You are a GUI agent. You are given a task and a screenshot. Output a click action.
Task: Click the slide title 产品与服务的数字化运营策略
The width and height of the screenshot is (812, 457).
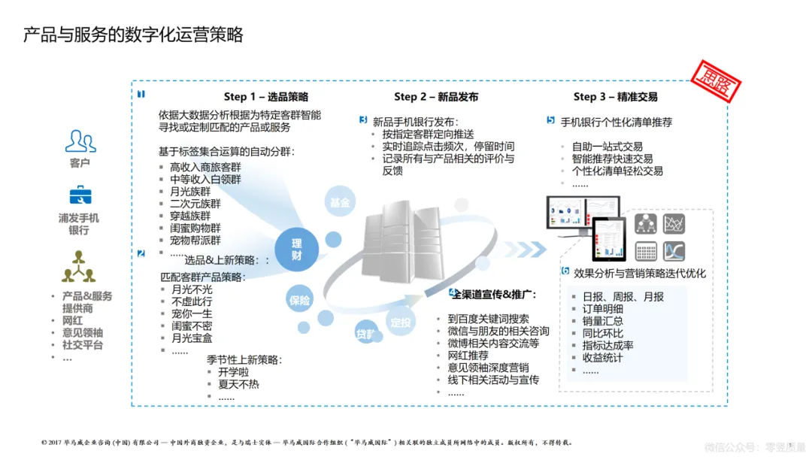[133, 35]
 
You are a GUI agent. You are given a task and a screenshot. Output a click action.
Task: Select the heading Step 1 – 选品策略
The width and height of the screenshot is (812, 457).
[265, 97]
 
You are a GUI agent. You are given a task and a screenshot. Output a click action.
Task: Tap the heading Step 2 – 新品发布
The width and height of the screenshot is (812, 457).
[436, 97]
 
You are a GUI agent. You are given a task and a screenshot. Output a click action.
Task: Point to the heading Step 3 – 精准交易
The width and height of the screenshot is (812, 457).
[616, 97]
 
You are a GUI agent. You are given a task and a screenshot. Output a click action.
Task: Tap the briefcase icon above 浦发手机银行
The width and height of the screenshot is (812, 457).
[80, 195]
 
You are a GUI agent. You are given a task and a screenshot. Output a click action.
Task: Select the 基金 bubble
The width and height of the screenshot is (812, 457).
[340, 203]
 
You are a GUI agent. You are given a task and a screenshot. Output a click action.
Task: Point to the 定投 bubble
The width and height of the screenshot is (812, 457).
[401, 322]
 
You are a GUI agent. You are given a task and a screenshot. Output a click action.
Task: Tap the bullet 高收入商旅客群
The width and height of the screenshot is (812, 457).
[205, 168]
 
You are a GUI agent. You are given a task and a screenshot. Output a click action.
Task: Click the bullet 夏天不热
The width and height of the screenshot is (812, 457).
[238, 384]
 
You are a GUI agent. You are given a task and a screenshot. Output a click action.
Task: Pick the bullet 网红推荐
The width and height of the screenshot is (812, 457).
[468, 356]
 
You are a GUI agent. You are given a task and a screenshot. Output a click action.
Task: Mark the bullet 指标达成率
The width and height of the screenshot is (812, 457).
[607, 345]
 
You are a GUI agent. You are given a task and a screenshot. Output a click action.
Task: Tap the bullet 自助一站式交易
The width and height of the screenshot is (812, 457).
[607, 147]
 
